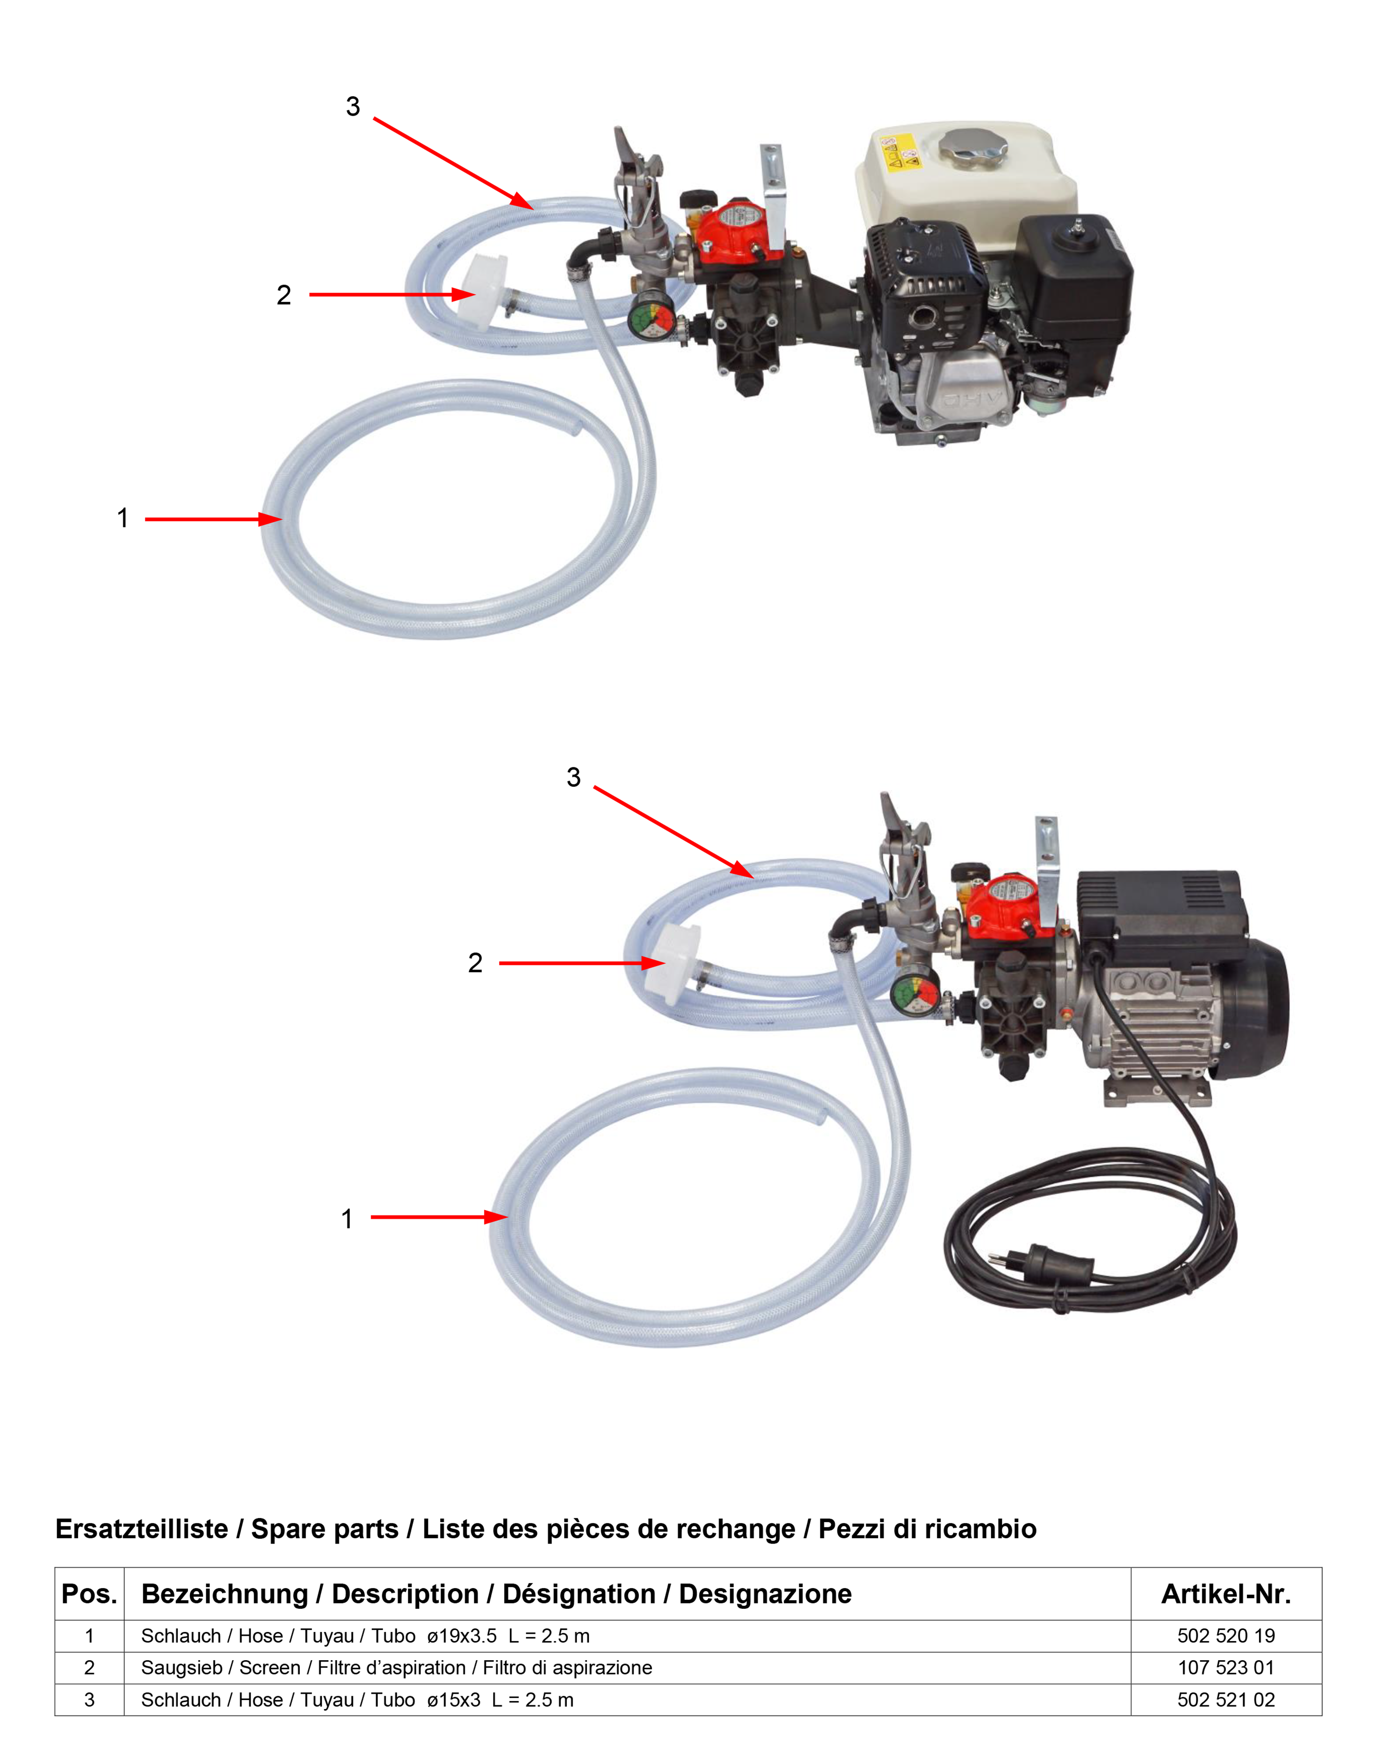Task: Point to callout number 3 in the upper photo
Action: click(353, 107)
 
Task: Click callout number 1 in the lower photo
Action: click(347, 1219)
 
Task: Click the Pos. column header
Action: click(89, 1594)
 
